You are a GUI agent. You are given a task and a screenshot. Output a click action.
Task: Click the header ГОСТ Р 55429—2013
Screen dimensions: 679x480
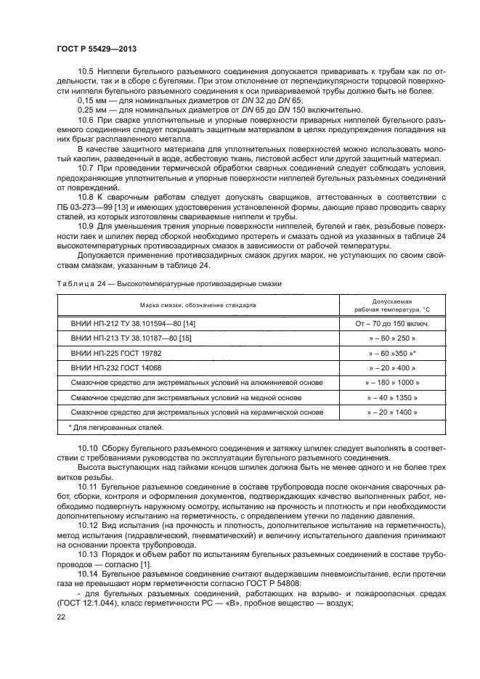pyautogui.click(x=97, y=48)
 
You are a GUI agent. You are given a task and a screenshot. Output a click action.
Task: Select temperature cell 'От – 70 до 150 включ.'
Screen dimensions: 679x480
pyautogui.click(x=392, y=324)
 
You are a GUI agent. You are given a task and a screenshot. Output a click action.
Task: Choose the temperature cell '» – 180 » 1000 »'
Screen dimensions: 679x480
pyautogui.click(x=392, y=382)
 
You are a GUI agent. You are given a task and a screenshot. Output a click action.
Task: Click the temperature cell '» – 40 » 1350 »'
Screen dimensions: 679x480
pyautogui.click(x=392, y=397)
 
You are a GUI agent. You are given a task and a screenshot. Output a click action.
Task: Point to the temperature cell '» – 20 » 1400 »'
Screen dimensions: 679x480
pyautogui.click(x=392, y=412)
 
